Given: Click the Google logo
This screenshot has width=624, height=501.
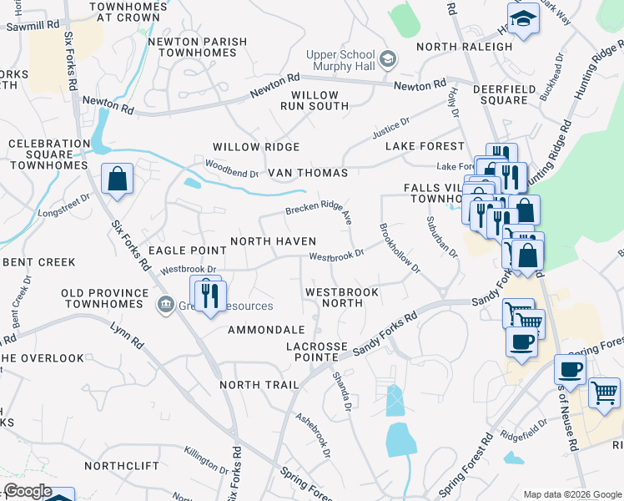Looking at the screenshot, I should pos(28,491).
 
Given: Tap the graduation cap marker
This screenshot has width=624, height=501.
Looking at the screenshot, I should pos(523,19).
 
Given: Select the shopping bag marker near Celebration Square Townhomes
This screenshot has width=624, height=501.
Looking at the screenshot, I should pos(118,179).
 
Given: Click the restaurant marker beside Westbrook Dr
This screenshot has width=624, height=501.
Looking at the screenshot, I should pos(207,293).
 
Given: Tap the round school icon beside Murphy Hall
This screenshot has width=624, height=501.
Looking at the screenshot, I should pos(387,60).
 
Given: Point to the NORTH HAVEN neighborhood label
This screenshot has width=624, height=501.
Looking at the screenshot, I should pos(273,241).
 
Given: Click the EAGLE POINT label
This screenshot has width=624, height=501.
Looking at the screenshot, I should pos(187,250).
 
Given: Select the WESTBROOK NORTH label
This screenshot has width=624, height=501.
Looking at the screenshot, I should pos(342,297).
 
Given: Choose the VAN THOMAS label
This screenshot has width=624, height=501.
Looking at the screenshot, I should pos(308,173).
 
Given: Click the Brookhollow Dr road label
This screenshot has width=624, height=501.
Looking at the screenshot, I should pos(400,249).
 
